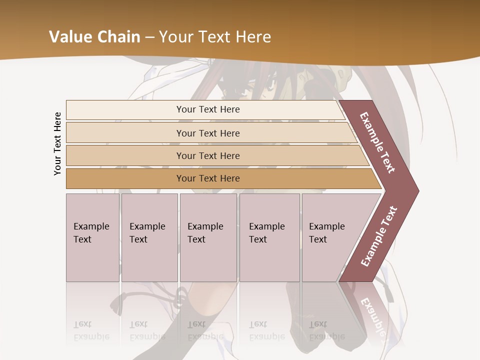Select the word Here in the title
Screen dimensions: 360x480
click(253, 37)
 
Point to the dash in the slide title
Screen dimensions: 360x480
click(150, 37)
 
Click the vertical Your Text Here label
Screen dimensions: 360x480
click(57, 143)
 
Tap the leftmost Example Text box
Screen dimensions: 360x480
click(92, 237)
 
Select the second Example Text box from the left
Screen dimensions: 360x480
click(149, 237)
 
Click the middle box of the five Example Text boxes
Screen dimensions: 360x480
click(208, 237)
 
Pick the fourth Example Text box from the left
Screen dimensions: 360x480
click(269, 237)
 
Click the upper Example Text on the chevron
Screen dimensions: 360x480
click(377, 142)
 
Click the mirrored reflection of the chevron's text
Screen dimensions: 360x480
click(372, 315)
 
